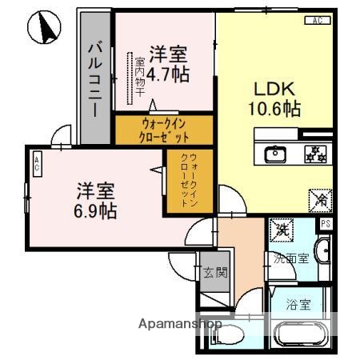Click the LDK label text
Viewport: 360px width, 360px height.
tap(272, 89)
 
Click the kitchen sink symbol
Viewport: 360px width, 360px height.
tap(275, 152)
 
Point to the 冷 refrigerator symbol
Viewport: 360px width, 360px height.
tap(318, 198)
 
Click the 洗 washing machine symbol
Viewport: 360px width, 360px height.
tap(282, 230)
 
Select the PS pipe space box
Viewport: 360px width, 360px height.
tap(325, 225)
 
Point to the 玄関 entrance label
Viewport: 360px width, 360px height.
tap(214, 272)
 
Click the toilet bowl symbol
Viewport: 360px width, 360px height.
tap(230, 334)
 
